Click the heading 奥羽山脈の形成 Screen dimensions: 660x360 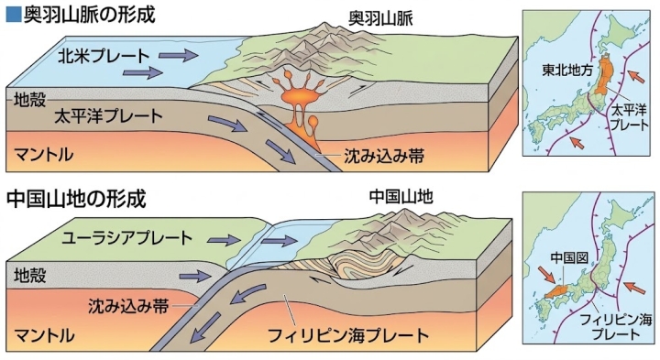(x=89, y=15)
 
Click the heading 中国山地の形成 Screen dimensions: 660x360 (x=76, y=200)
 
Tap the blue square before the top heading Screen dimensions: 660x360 (x=15, y=16)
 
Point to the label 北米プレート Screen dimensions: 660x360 (x=104, y=56)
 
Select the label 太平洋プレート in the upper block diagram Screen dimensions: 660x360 (x=108, y=115)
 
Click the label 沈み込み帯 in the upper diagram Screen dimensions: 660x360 (x=384, y=156)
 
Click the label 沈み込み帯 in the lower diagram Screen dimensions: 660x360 (x=128, y=306)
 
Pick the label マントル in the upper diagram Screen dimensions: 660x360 (x=44, y=154)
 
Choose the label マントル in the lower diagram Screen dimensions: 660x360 (x=45, y=335)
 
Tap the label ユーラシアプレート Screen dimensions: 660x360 (x=127, y=238)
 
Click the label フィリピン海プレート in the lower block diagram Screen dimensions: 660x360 (x=348, y=335)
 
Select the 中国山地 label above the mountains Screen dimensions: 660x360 (x=401, y=196)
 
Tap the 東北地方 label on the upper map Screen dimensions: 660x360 (x=567, y=71)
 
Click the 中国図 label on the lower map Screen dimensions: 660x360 (x=569, y=257)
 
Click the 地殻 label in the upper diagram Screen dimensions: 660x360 (x=28, y=100)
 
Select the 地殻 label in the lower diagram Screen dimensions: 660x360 (x=29, y=276)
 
